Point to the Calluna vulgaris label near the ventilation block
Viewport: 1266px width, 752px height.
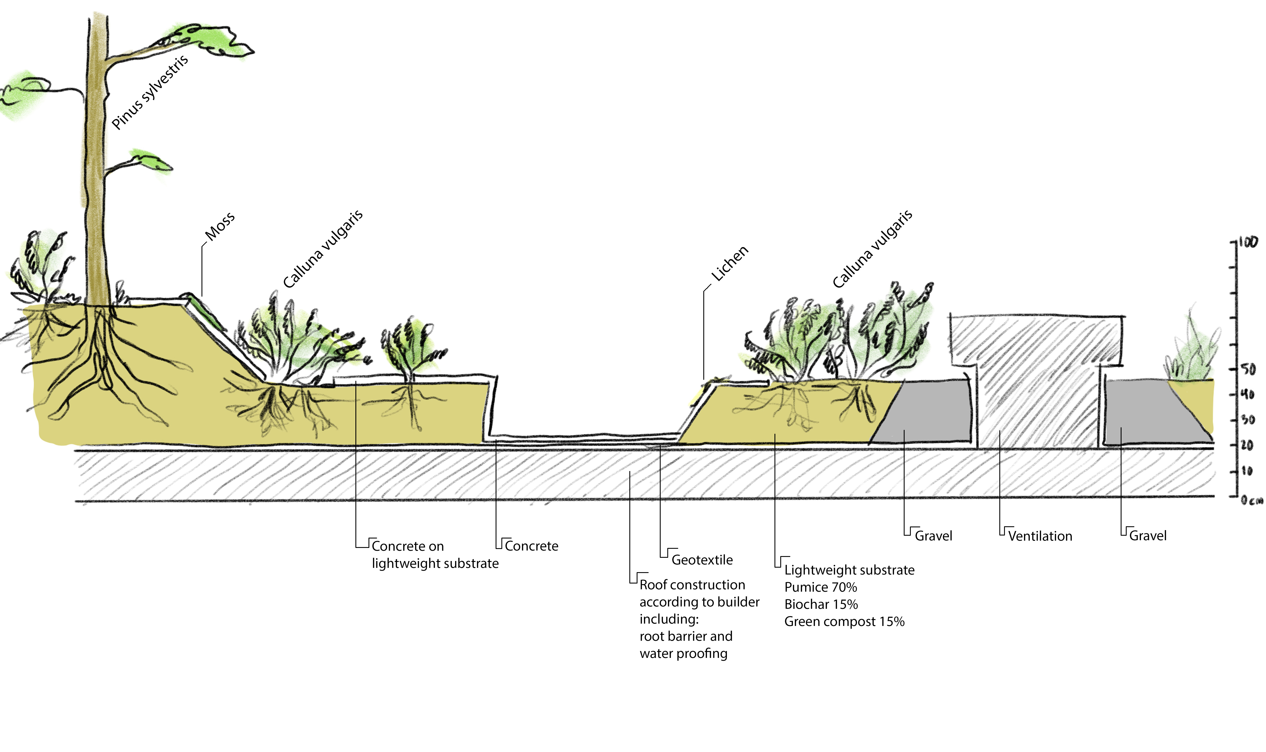(872, 249)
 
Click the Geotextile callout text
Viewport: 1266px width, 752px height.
(702, 560)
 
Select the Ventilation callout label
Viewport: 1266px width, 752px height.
(1040, 536)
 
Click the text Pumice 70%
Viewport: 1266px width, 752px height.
(820, 587)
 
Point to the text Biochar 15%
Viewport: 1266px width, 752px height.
(821, 605)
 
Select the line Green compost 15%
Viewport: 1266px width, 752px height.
(844, 622)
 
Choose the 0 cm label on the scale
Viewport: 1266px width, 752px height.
(1251, 501)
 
